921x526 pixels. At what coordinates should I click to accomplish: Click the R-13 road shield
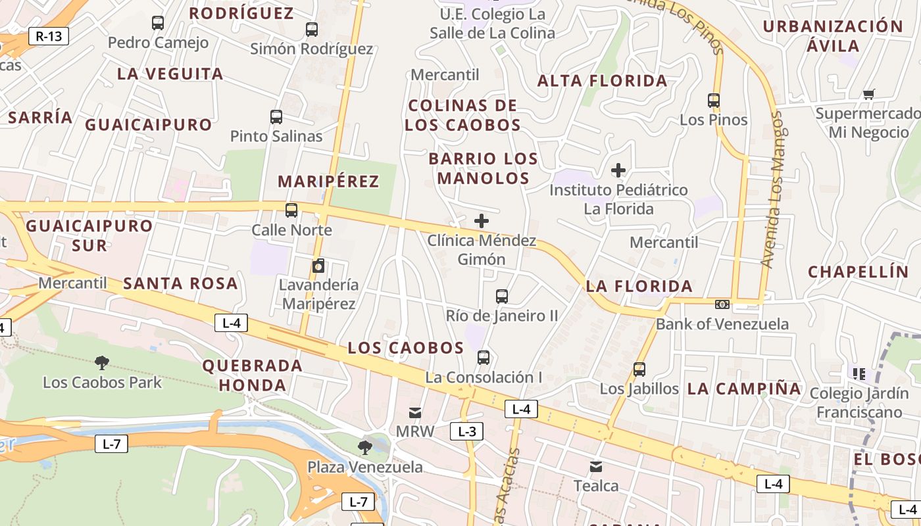(x=49, y=36)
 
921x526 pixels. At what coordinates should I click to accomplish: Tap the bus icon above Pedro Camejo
(x=158, y=23)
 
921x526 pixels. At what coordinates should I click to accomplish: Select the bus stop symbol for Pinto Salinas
(x=276, y=117)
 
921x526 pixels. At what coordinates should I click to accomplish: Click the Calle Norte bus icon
(x=291, y=210)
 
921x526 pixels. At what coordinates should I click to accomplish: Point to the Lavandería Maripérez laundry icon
(x=318, y=266)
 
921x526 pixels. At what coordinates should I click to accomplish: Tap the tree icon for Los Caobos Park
(x=102, y=362)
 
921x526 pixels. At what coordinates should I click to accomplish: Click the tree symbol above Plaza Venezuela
(x=365, y=448)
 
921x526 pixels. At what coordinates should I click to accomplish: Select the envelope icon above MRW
(x=415, y=412)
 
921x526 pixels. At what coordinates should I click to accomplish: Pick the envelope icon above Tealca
(x=596, y=467)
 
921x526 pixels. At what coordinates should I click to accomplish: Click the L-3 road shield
(x=466, y=431)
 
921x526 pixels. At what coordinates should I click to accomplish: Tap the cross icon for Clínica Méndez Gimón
(x=482, y=221)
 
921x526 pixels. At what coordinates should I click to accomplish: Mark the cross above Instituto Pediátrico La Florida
(x=618, y=170)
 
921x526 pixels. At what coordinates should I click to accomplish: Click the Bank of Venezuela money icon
(x=722, y=304)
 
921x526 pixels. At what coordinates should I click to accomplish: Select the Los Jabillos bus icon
(x=639, y=370)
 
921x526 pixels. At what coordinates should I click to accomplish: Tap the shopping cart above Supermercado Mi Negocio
(x=868, y=94)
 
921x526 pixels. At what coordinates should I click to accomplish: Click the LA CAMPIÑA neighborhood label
(x=744, y=389)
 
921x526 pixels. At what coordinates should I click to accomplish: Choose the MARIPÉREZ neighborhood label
(x=328, y=181)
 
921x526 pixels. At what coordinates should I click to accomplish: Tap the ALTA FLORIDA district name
(x=602, y=81)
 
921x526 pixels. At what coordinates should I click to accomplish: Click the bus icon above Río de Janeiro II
(x=502, y=297)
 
